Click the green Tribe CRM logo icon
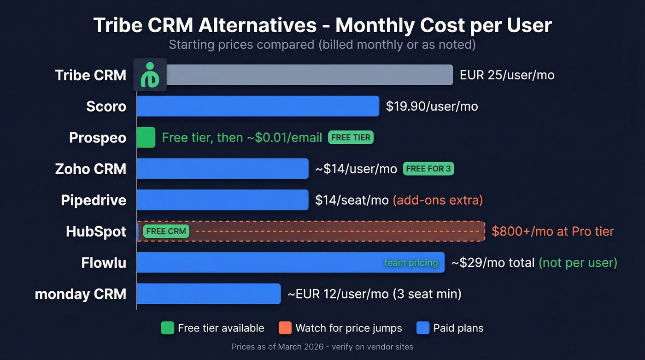click(150, 75)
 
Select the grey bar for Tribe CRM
click(309, 75)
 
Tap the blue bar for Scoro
click(258, 106)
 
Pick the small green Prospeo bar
click(146, 137)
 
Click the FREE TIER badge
click(351, 137)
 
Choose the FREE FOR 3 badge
click(428, 169)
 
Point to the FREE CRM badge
click(166, 231)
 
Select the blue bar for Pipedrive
click(223, 200)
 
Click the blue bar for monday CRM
click(209, 294)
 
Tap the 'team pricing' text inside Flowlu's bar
click(411, 263)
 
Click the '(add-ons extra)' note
click(438, 200)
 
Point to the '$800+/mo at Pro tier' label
click(552, 231)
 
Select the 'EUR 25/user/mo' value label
click(507, 75)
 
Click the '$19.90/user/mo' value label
click(432, 106)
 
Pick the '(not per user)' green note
click(578, 263)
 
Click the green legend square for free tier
click(168, 328)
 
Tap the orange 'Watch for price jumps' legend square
click(285, 328)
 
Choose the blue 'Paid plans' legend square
click(423, 328)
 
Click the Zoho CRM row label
click(91, 169)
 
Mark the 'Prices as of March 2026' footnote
click(322, 347)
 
